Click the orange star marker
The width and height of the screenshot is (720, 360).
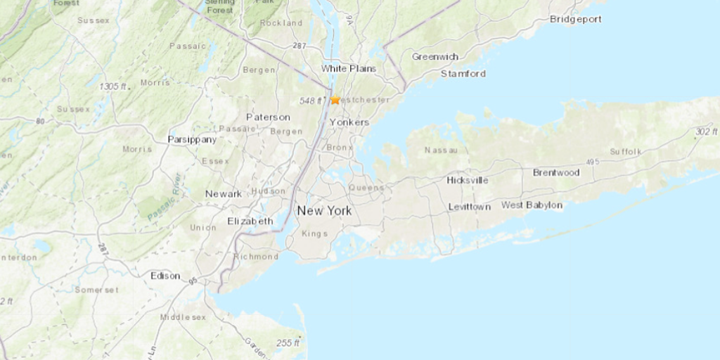pos(335,100)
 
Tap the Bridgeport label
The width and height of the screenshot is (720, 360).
pos(575,19)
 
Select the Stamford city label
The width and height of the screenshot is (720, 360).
pos(463,73)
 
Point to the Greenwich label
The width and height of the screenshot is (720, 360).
pos(435,56)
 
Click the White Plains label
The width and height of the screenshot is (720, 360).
pos(348,68)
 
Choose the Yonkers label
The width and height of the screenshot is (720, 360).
pos(349,122)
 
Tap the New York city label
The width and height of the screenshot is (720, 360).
pos(324,211)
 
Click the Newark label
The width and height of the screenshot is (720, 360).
pos(224,193)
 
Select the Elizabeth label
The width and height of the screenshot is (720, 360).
pos(250,221)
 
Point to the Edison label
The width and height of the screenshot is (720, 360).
pos(165,276)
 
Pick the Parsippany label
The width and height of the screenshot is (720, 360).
pos(192,139)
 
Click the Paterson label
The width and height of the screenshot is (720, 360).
pos(268,117)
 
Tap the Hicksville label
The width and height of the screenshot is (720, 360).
pos(468,180)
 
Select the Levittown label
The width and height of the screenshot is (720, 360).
pos(470,207)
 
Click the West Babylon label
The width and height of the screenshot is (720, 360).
pos(532,205)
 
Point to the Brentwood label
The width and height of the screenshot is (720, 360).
pos(555,172)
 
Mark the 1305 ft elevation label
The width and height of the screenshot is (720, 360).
pos(112,86)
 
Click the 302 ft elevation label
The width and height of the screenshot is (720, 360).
pos(705,131)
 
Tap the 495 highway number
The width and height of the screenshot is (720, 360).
pos(592,162)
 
